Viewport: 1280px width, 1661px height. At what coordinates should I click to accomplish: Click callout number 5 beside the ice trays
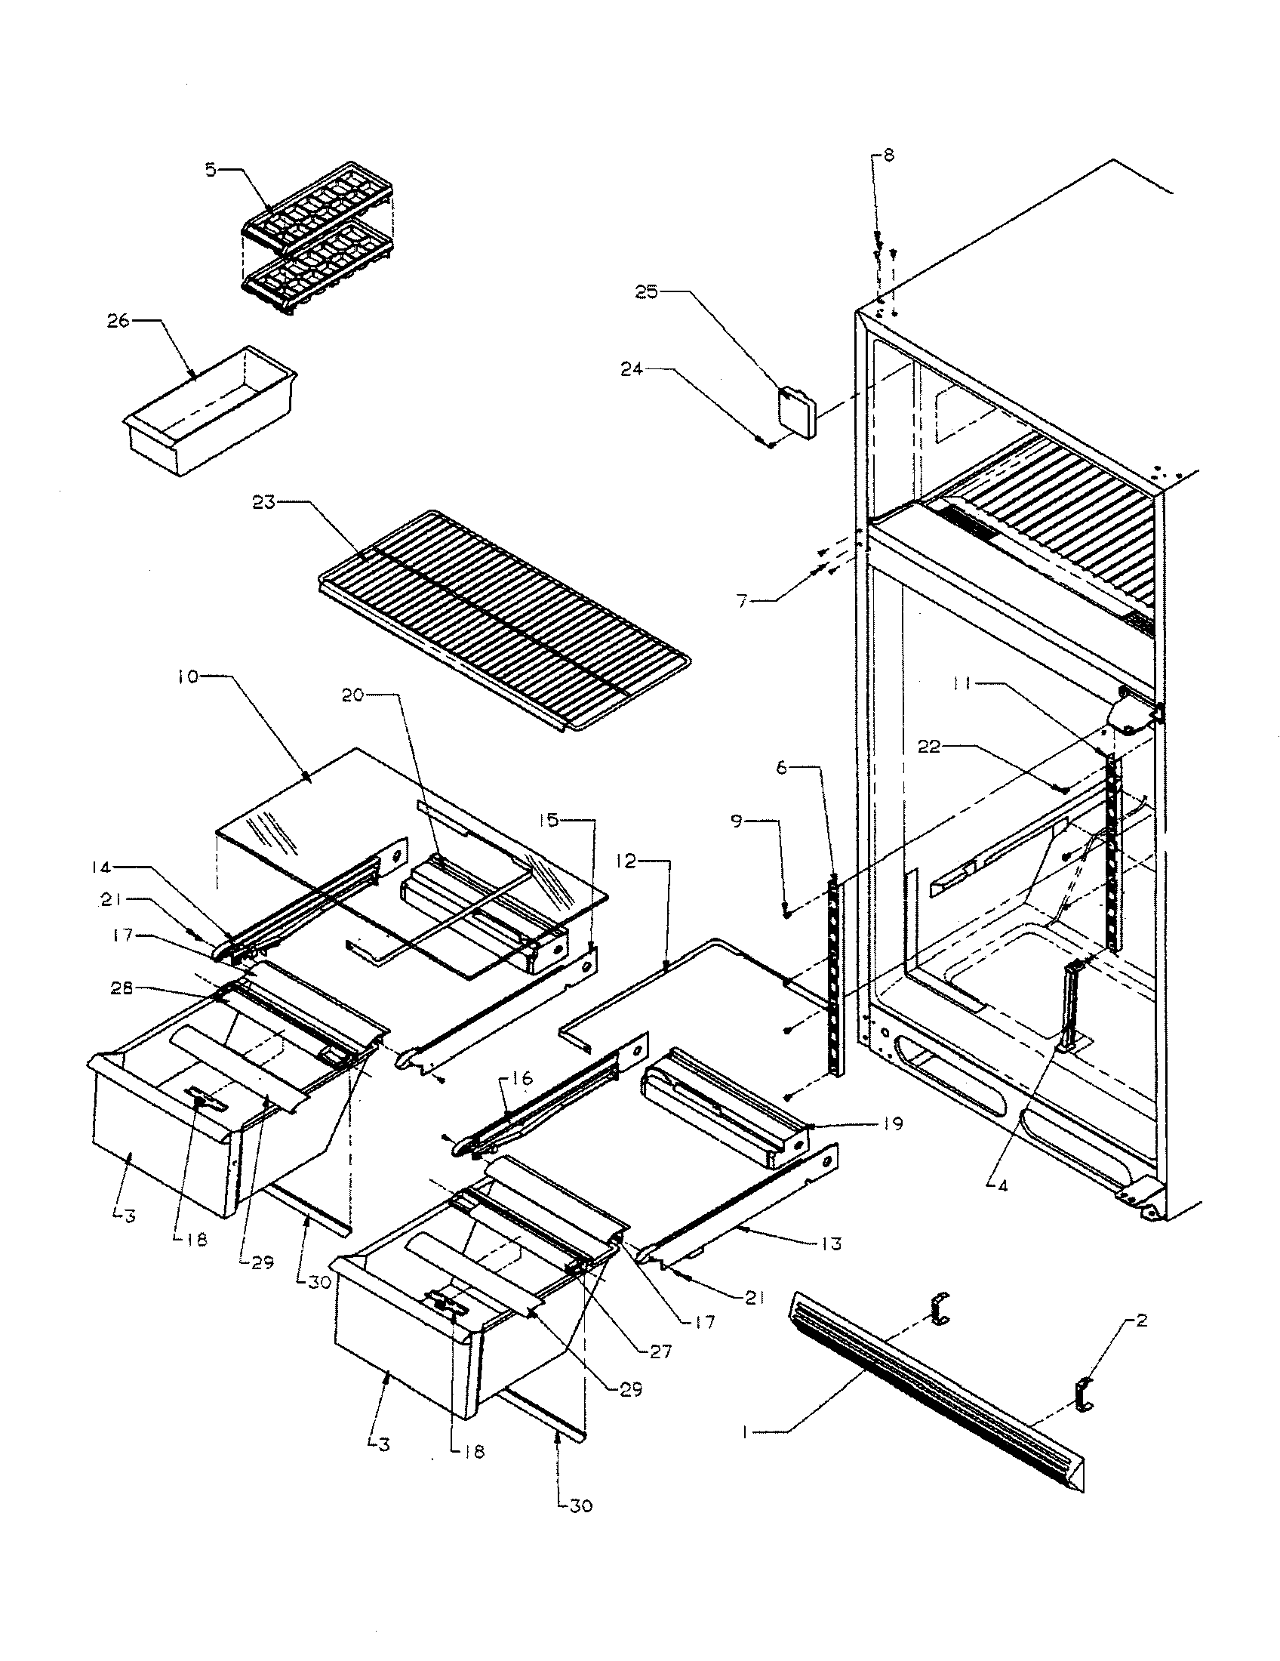(x=211, y=169)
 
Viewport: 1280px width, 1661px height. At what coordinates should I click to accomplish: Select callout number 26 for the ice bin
(x=118, y=322)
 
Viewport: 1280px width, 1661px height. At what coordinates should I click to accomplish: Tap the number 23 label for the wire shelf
(x=263, y=504)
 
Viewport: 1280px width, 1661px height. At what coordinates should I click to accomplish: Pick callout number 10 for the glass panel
(x=187, y=676)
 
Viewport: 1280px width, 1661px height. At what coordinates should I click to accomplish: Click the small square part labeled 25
(x=796, y=411)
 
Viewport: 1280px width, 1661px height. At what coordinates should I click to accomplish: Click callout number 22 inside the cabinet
(x=928, y=747)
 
